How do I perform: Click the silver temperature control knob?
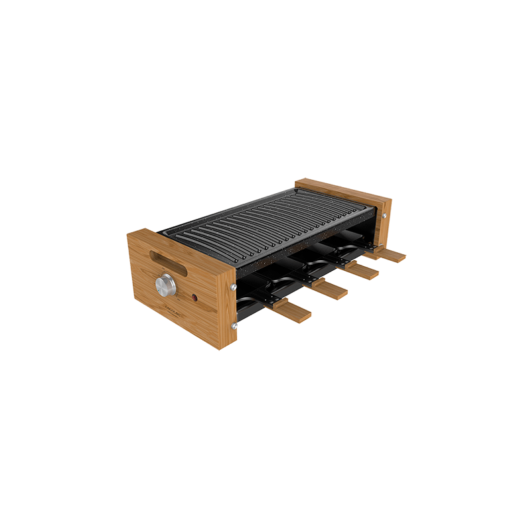point(166,285)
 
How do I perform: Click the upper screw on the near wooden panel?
point(234,287)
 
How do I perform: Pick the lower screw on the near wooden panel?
point(234,326)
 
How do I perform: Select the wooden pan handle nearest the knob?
point(290,311)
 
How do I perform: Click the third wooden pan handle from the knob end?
point(361,270)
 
